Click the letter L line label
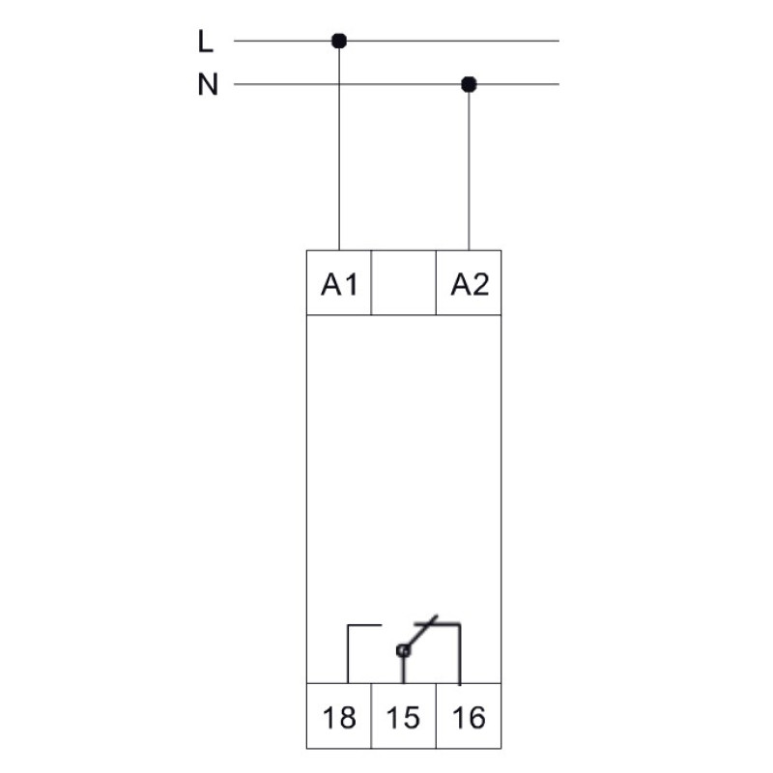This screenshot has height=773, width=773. (x=205, y=41)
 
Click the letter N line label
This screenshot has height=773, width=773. (x=208, y=84)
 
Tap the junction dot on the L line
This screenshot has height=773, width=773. (x=339, y=41)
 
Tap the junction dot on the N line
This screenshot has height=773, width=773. (x=469, y=84)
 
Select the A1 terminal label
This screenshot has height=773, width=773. (x=339, y=284)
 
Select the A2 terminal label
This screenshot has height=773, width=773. (x=470, y=284)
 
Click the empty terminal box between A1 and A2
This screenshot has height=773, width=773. (x=404, y=282)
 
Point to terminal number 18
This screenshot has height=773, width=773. (x=339, y=717)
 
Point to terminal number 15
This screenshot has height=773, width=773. (x=403, y=717)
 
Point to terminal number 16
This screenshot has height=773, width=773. (x=469, y=717)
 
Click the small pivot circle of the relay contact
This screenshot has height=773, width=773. (x=403, y=650)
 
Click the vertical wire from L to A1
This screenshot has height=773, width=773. (x=339, y=146)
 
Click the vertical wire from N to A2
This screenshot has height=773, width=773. (x=469, y=167)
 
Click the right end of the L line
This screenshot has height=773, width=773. (x=558, y=41)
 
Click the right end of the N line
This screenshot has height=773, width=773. (x=558, y=84)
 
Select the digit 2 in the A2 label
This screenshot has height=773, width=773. (x=480, y=284)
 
